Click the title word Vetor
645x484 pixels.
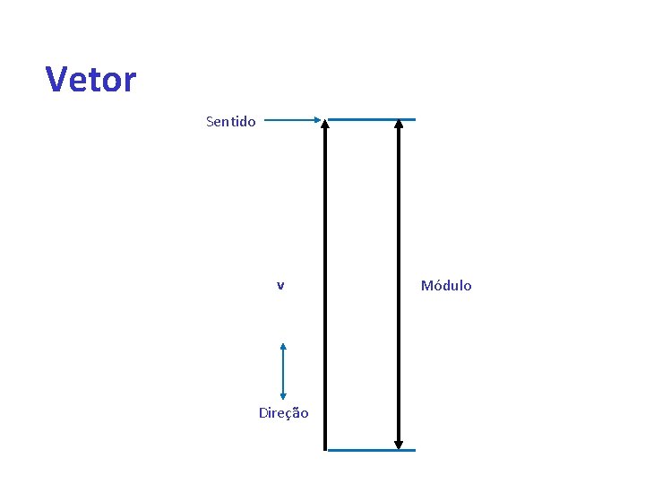coord(90,80)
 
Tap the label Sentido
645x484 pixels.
coord(230,121)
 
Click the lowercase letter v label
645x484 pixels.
coord(280,286)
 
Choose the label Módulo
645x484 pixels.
coord(446,286)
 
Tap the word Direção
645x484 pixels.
coord(283,413)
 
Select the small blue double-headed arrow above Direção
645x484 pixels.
coord(283,371)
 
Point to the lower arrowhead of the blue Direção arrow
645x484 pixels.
coord(283,394)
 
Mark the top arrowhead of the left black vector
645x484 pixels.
coord(325,125)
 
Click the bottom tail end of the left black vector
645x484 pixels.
coord(325,446)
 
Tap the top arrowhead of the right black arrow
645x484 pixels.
coord(399,125)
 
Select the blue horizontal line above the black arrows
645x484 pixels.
coord(371,119)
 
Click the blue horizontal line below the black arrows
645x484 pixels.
coord(371,450)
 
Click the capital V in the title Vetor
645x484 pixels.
coord(57,80)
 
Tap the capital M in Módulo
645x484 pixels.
coord(426,286)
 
